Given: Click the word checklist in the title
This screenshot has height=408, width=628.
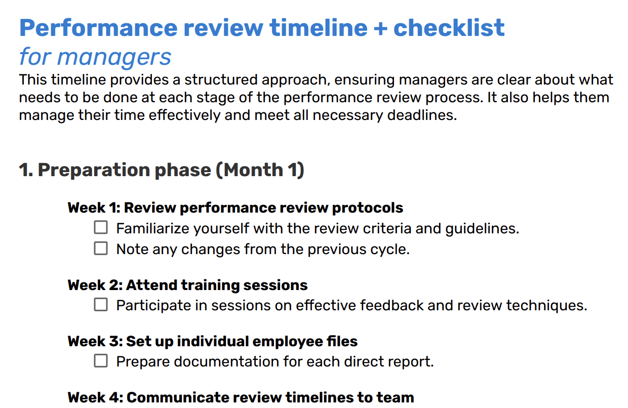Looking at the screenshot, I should click(x=449, y=27).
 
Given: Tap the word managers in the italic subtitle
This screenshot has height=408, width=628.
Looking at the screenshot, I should click(x=115, y=57).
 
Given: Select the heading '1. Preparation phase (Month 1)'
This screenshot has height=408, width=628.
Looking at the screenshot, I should click(x=161, y=170).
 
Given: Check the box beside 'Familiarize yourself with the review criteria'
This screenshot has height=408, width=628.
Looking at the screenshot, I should click(x=101, y=228).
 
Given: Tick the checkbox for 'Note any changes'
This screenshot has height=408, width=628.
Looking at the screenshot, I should click(x=101, y=249).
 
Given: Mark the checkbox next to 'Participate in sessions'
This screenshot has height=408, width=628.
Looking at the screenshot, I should click(x=101, y=305).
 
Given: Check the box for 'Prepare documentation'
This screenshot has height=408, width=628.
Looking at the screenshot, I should click(x=101, y=361).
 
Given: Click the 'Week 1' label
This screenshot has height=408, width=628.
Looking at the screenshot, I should click(x=94, y=208).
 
